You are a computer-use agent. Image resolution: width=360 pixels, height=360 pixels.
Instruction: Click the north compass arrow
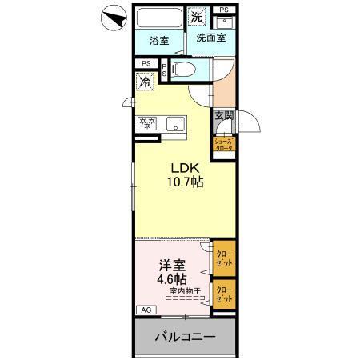pos(112,17)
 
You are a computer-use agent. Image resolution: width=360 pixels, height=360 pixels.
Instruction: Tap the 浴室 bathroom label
pos(158,40)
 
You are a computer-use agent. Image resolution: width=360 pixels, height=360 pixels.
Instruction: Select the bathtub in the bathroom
pos(158,20)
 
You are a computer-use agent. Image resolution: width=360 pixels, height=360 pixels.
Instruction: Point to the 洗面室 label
pos(211,38)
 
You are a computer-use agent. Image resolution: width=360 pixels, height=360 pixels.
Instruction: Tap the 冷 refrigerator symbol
pos(145,81)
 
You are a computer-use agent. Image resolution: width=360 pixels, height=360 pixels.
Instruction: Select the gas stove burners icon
pos(147,123)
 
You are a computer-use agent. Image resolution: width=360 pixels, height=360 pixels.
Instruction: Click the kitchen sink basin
pos(176,124)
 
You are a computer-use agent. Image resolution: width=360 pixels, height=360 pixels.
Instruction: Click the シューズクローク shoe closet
pos(222,145)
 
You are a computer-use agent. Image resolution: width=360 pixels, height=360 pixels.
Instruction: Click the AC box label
pos(146,310)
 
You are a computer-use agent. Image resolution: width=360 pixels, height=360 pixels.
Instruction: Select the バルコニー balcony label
pos(185,337)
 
